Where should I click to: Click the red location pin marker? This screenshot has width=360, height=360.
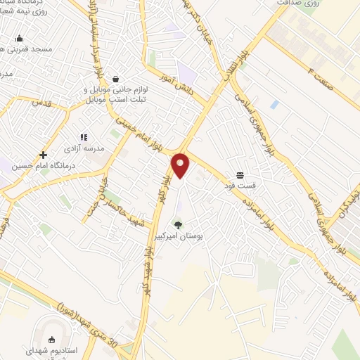181,165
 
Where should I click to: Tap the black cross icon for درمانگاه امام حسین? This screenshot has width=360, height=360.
44,155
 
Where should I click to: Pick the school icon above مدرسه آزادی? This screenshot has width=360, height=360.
84,137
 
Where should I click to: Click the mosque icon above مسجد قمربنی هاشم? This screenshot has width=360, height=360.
19,38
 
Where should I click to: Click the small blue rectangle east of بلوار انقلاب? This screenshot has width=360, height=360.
274,104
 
